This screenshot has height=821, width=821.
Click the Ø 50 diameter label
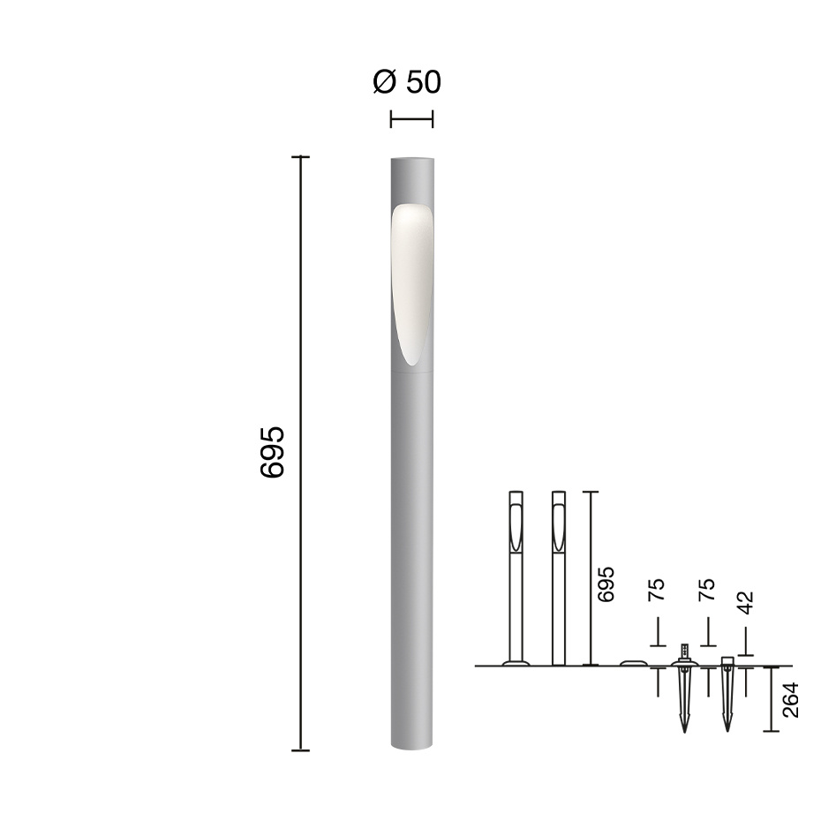pos(407,82)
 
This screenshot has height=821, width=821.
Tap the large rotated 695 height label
pos(273,452)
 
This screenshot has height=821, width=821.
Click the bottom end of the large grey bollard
pos(411,747)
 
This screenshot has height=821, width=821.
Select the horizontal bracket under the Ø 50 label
pos(411,118)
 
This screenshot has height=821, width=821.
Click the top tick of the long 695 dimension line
pos(301,157)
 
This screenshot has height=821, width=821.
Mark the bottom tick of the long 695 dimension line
pos(301,750)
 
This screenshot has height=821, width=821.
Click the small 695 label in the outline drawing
pos(606,584)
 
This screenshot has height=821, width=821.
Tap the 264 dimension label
pos(791,699)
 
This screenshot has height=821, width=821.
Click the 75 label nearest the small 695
pos(656,591)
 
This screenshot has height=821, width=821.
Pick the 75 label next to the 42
pos(706,591)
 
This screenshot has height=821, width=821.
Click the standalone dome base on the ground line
pos(633,663)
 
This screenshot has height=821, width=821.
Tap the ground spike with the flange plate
pos(684,689)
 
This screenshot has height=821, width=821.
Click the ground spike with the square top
pos(727,693)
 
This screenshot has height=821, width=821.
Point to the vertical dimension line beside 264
pos(772,699)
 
